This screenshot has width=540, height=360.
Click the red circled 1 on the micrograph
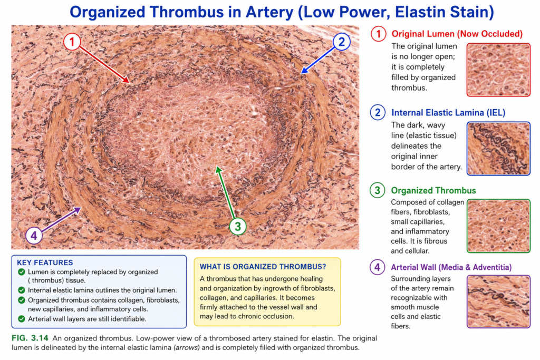(x=72, y=42)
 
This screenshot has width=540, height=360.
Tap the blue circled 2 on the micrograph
(x=341, y=42)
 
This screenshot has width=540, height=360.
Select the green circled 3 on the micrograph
(x=238, y=227)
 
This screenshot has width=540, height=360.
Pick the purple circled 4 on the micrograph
(x=34, y=236)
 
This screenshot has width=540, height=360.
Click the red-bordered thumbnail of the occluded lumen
(x=498, y=70)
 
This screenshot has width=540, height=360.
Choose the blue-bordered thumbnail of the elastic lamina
(x=498, y=149)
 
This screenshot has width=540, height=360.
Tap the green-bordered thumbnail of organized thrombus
(x=498, y=226)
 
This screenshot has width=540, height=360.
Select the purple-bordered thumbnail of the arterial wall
(x=498, y=301)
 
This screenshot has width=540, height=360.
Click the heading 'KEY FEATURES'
(x=45, y=262)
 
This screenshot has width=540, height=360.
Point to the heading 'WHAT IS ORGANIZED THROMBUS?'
(x=263, y=267)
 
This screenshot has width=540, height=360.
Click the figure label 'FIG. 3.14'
(x=30, y=338)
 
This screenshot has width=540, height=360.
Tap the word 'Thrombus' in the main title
(x=186, y=12)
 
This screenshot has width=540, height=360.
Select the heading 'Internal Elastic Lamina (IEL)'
(x=448, y=113)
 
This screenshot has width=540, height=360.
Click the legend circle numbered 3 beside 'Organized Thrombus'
(x=378, y=190)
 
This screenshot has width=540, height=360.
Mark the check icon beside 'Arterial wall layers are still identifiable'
(x=21, y=319)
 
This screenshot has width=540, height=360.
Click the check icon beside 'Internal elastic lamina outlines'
(x=21, y=290)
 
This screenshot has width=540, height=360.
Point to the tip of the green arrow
(x=217, y=166)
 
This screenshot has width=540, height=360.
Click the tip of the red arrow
(x=130, y=83)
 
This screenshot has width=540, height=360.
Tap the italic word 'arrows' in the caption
(x=187, y=347)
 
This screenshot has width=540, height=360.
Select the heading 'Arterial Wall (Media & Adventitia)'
(x=451, y=267)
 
